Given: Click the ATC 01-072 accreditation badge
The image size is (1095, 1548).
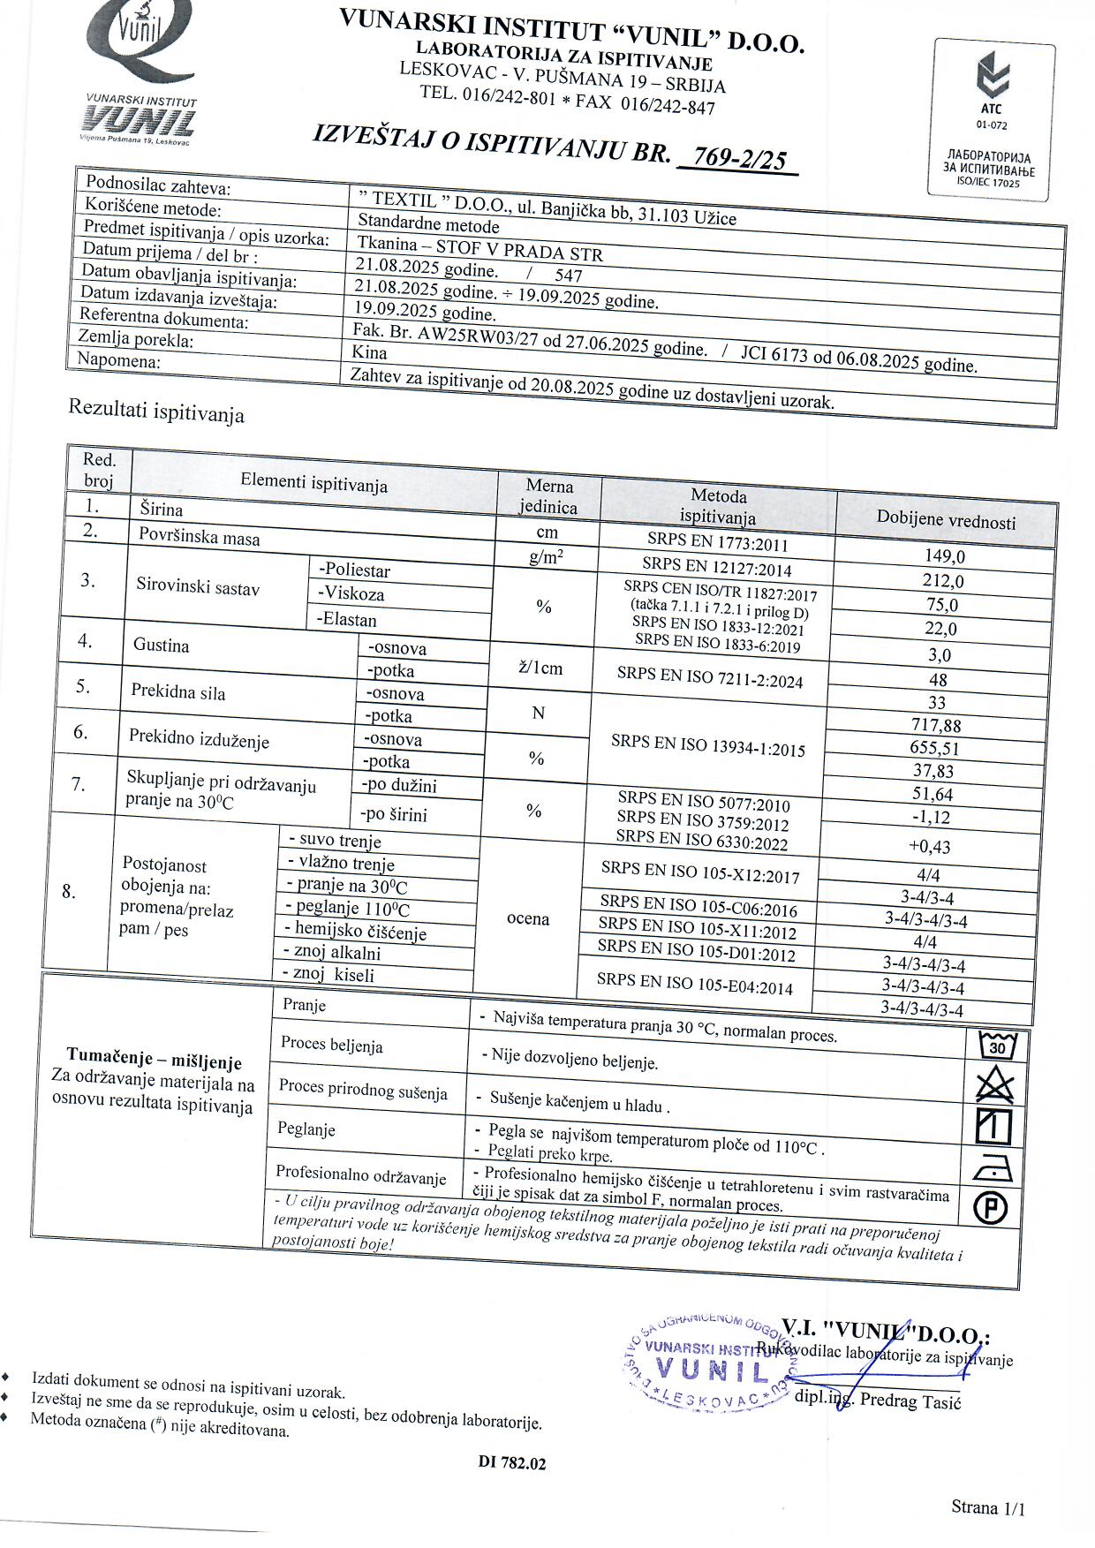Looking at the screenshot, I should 992,119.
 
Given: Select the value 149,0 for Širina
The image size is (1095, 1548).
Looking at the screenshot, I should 944,556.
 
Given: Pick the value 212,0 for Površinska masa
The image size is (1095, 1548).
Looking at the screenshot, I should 943,581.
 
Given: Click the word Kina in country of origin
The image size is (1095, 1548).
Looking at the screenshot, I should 369,351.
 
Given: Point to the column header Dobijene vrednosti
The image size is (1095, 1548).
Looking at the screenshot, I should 946,519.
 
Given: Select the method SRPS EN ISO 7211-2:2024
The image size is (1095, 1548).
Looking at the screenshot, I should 710,677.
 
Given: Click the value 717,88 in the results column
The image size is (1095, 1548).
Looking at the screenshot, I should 936,726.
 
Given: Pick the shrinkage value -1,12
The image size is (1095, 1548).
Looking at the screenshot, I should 931,817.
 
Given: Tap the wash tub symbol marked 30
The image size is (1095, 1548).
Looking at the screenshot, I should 998,1046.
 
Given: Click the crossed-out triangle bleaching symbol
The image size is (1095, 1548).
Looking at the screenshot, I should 995,1085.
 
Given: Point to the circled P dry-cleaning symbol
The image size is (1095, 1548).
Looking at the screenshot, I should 990,1207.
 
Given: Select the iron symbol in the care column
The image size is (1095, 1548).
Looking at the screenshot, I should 993,1167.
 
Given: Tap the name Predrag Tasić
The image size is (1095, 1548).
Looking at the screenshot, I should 910,1401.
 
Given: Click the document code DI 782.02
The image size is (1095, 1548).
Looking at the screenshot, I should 512,1463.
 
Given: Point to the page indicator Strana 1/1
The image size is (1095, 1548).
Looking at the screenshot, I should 988,1507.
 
